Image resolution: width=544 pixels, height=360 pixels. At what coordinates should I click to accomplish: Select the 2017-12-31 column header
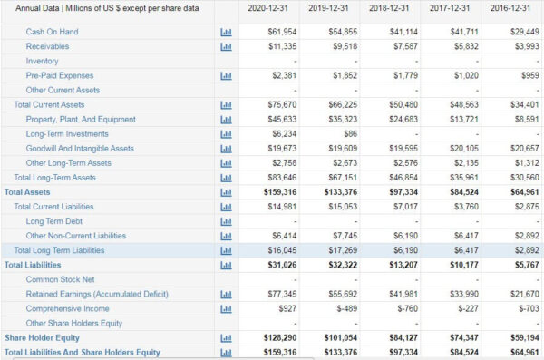click(451, 8)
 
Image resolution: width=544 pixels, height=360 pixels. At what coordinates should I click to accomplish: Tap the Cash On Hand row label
click(53, 32)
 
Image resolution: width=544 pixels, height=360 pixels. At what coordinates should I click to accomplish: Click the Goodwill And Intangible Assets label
click(80, 149)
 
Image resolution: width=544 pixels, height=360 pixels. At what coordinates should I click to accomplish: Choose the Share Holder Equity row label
click(43, 337)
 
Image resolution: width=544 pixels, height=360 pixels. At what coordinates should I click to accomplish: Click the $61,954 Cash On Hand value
click(282, 32)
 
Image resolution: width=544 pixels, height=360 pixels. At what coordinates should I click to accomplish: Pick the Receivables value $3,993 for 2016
click(525, 46)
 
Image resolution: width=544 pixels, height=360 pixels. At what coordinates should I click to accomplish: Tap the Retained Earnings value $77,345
click(282, 294)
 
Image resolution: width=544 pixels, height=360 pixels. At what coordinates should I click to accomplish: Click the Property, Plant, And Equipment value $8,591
click(526, 119)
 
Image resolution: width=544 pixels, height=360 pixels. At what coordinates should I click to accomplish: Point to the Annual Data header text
click(102, 8)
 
